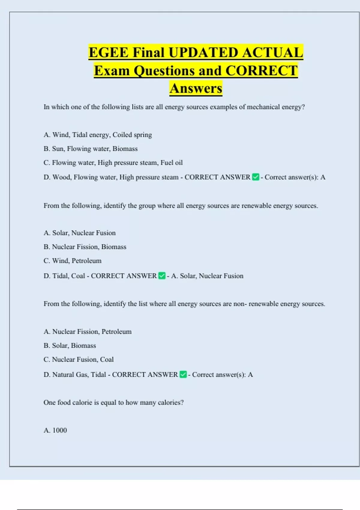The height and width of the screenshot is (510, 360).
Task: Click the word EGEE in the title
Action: (x=109, y=53)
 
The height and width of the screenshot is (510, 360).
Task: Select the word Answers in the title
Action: (x=196, y=88)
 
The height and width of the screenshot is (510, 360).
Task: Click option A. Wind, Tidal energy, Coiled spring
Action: (x=97, y=135)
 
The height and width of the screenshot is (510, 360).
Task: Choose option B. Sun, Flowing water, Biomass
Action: (x=90, y=149)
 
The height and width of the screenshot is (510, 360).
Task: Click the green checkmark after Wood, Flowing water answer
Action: (x=256, y=177)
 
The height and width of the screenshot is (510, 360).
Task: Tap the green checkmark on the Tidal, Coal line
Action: (x=162, y=276)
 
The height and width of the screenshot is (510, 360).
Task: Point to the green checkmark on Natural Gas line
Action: (x=183, y=374)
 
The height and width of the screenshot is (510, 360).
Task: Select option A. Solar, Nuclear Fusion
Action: (x=79, y=233)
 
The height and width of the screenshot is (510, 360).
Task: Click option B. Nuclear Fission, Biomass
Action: (x=85, y=247)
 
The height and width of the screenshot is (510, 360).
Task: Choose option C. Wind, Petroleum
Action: (x=72, y=261)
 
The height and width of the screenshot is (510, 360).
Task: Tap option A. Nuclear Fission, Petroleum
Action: (x=87, y=331)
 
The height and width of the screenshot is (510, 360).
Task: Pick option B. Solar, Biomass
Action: (x=70, y=346)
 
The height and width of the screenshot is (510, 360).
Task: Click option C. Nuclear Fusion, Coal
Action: (x=78, y=359)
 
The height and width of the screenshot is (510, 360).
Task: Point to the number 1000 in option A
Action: (x=59, y=430)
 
